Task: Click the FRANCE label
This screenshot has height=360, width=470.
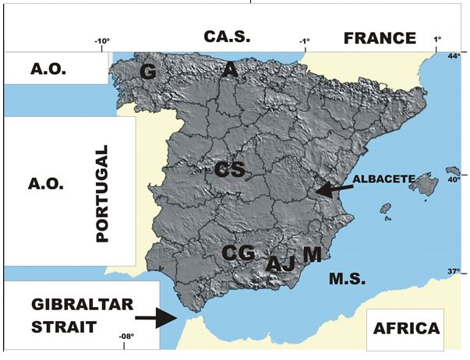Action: coord(380,37)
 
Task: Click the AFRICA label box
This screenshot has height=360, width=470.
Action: coord(405,327)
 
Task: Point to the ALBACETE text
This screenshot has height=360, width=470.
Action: coord(381,178)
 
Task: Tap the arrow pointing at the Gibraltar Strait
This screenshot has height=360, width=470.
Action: coord(154,318)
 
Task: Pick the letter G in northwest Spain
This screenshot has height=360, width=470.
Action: coord(148,72)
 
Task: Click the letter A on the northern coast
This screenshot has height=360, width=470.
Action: coord(229,70)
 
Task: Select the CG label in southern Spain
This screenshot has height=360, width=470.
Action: coord(238,252)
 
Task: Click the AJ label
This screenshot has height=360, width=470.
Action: coord(281,264)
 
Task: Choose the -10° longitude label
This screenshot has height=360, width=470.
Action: coord(102,43)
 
